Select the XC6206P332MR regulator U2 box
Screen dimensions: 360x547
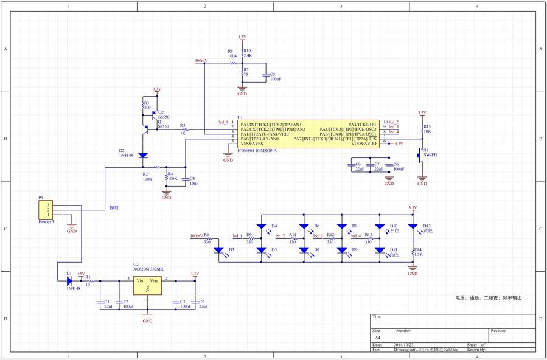(x=147, y=286)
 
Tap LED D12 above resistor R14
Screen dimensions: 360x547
(x=413, y=228)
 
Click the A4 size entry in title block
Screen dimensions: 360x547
(x=377, y=337)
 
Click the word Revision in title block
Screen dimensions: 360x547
(x=498, y=331)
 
